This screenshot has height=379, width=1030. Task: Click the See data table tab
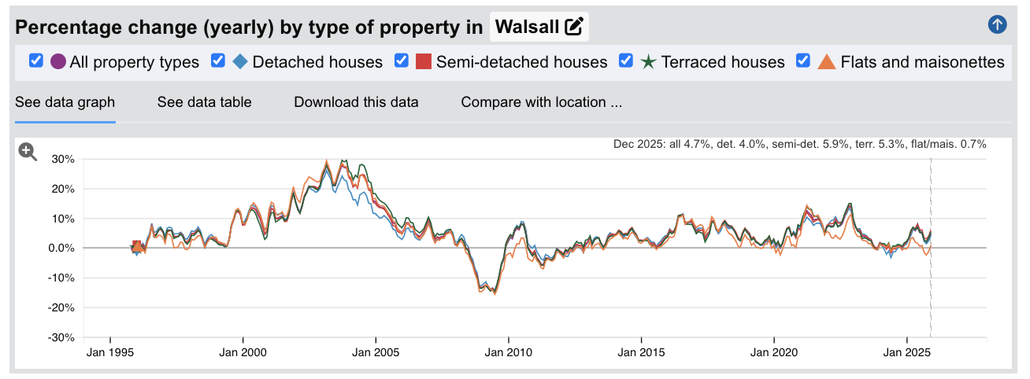coord(204,102)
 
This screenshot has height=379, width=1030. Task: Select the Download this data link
coord(356,102)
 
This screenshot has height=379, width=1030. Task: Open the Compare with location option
coord(541,102)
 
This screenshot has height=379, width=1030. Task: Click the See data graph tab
coord(65,102)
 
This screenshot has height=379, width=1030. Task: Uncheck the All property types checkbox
coord(35,61)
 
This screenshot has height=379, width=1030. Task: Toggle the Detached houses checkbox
coord(218,61)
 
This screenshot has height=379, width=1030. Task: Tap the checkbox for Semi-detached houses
coord(402,61)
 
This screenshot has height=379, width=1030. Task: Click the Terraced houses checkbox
coord(627,61)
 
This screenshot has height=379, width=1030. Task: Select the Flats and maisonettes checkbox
coord(803,61)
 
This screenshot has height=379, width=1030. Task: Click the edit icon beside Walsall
coord(575,28)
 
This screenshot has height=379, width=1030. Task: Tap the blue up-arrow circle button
coord(997,25)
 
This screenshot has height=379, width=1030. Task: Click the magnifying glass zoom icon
coord(28,152)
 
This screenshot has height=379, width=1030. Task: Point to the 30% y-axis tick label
coord(62,159)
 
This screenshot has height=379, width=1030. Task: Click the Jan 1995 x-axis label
coord(109,351)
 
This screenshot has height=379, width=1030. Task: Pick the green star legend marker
coord(648,61)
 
